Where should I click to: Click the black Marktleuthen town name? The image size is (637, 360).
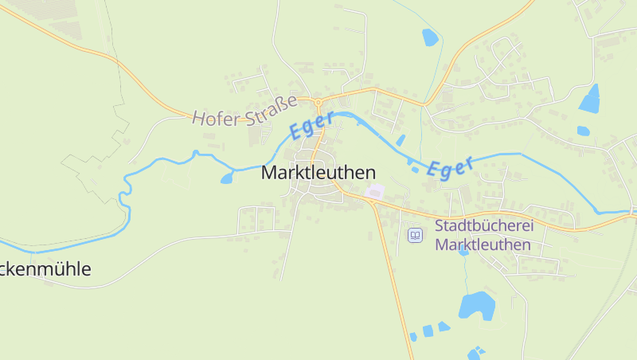[318, 173]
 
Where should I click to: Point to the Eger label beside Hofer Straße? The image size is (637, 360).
[311, 126]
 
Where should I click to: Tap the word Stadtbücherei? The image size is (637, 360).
[484, 226]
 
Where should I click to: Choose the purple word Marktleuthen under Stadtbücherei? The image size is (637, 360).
[484, 245]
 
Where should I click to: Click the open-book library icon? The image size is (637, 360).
[415, 236]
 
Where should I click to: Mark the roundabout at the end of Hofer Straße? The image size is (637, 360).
[318, 102]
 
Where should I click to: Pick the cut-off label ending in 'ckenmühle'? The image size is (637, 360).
[45, 269]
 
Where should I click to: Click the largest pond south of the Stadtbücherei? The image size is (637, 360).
[476, 305]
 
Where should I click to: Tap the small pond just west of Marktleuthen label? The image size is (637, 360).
[227, 178]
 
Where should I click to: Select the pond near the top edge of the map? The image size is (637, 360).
[430, 37]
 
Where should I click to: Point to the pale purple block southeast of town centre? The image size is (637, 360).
[374, 192]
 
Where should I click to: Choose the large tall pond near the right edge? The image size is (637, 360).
[590, 100]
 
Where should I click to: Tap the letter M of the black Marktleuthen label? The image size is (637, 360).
[269, 173]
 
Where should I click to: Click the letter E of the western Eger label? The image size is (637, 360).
[296, 132]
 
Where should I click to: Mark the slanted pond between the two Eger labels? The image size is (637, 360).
[401, 140]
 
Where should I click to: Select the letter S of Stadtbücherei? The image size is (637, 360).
[440, 226]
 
